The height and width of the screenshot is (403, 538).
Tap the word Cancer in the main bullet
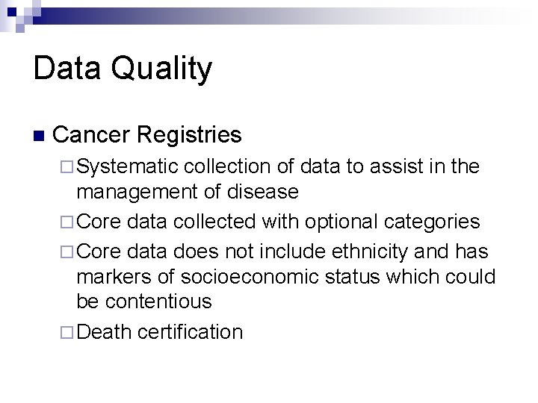(x=90, y=135)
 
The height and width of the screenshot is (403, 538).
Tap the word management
(x=136, y=192)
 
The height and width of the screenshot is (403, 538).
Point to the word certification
(x=193, y=331)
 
